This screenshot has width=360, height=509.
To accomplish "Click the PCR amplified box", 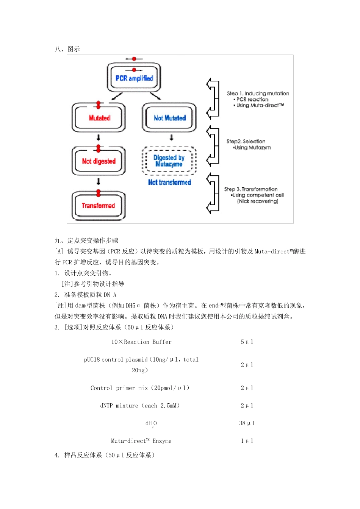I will click(134, 78).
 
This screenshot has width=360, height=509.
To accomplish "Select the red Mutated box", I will click(99, 118).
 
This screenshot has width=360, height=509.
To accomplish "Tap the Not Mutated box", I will click(169, 118).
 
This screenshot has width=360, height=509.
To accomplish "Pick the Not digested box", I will click(99, 161).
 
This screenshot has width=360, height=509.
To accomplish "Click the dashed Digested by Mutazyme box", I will click(169, 161).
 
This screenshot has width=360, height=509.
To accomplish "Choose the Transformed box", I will click(98, 205).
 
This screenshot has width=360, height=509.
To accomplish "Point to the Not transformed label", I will click(169, 182).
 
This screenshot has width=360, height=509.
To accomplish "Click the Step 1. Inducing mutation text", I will click(258, 94).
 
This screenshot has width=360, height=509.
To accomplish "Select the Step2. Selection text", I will click(246, 141).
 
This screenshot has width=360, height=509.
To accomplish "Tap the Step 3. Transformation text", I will click(251, 189).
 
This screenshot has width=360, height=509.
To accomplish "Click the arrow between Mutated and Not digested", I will click(99, 137).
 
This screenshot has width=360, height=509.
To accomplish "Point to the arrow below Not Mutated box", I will click(172, 137).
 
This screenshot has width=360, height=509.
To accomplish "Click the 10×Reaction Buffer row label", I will click(141, 342).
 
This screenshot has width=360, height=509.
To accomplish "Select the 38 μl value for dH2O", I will click(247, 423).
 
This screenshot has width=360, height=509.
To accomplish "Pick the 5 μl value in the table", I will click(247, 342).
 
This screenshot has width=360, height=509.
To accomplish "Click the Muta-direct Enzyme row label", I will click(141, 441).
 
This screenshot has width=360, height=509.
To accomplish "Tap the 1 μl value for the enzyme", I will click(247, 441).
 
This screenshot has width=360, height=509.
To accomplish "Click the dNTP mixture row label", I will click(140, 406).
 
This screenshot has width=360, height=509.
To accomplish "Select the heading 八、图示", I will click(67, 49).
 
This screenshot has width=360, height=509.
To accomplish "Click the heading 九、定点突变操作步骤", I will click(87, 240).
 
